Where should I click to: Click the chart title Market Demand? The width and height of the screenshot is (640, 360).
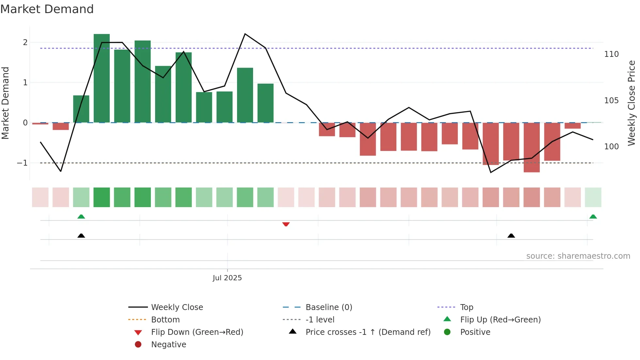(x=47, y=9)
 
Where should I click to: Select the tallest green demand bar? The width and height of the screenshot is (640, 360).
(x=102, y=78)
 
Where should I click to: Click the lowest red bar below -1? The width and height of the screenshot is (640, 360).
(x=532, y=147)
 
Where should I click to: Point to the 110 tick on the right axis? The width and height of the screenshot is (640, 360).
(x=611, y=54)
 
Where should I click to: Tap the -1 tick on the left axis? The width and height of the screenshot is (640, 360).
(x=22, y=163)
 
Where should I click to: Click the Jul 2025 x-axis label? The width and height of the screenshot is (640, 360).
(x=227, y=278)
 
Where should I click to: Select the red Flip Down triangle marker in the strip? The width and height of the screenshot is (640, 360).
(x=286, y=224)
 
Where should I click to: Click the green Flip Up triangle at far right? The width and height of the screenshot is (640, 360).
(x=593, y=217)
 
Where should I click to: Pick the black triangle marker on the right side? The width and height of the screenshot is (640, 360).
(x=511, y=236)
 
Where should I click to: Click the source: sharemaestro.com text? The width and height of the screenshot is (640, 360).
(x=578, y=256)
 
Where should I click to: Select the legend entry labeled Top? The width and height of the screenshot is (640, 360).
(x=467, y=307)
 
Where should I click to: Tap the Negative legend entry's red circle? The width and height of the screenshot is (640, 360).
(x=138, y=345)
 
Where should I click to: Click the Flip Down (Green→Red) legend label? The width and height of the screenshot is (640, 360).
(x=197, y=332)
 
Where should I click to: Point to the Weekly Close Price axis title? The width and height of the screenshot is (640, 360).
(x=632, y=103)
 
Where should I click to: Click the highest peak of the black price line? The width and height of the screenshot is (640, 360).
(x=245, y=34)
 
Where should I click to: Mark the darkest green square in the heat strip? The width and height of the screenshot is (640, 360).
(x=102, y=197)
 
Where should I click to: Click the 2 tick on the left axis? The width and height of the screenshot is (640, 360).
(x=25, y=42)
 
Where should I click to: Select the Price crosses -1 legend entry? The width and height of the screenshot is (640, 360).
(x=368, y=332)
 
